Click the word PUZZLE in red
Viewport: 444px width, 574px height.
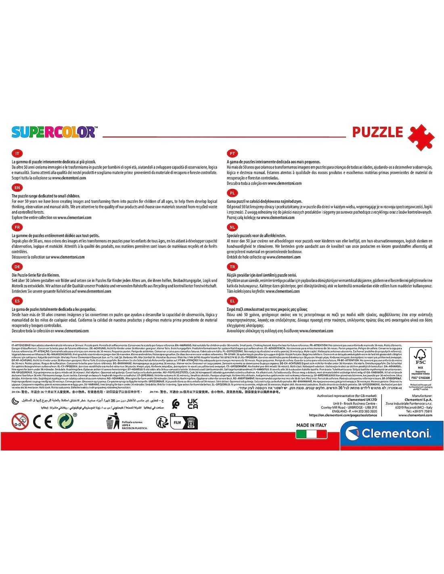point(377,132)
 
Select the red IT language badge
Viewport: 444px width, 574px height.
point(17,153)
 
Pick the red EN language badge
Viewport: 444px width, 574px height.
point(17,188)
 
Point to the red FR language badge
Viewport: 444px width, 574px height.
point(17,227)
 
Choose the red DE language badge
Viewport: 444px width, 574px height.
point(17,267)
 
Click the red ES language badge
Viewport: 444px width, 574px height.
point(17,301)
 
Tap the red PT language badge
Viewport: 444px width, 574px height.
point(232,153)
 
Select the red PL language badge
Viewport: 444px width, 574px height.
point(232,193)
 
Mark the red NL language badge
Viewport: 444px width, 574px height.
point(232,227)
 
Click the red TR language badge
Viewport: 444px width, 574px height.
point(232,267)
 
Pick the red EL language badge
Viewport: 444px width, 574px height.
point(232,301)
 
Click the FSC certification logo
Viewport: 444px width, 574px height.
point(421,364)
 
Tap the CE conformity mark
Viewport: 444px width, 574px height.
point(42,422)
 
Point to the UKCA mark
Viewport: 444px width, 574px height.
point(193,404)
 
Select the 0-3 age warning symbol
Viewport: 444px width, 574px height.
point(20,421)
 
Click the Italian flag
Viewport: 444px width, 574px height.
point(311,434)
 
